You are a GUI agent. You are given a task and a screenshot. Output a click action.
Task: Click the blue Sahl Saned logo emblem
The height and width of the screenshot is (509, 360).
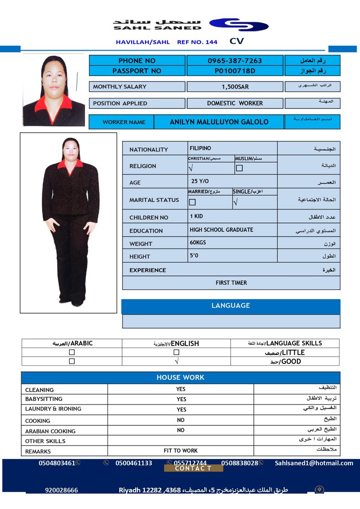239,25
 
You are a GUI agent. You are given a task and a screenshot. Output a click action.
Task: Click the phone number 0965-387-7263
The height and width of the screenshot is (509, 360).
234,61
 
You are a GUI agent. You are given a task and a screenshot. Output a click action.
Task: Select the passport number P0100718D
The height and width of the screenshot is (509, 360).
234,71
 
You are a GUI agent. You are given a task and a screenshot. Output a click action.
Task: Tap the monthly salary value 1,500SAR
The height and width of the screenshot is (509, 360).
235,87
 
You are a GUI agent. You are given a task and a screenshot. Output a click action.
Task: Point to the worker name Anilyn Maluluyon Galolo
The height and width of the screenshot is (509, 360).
219,122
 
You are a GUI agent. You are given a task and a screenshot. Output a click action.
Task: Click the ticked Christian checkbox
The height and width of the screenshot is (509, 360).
191,168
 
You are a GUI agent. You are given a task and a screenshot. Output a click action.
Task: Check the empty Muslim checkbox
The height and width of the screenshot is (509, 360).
239,168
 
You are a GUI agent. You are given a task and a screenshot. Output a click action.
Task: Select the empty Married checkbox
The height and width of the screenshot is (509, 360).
192,202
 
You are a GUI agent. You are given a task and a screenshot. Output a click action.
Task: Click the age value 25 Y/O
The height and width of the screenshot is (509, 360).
200,181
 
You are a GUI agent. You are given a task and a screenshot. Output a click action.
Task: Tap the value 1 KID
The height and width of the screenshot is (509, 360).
196,216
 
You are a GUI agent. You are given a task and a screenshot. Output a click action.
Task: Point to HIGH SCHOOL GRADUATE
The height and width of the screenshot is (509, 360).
221,230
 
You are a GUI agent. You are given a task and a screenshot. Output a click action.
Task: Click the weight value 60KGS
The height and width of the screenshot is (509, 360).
198,243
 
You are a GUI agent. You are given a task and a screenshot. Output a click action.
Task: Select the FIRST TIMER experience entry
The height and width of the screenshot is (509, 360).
231,283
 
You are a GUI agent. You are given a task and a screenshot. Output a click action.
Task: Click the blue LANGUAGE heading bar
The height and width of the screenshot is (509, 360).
231,306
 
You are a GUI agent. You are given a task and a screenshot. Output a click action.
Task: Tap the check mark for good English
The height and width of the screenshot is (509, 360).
176,361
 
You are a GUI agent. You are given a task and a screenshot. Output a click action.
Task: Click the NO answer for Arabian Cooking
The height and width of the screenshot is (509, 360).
181,430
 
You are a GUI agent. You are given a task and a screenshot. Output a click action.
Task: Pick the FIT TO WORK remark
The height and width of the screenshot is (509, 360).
181,451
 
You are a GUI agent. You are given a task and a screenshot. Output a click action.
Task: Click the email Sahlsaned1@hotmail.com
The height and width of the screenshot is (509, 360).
314,463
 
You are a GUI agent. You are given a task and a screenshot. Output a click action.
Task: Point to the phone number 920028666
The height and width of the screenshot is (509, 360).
61,490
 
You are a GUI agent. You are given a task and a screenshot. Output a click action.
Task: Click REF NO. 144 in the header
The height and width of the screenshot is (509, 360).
197,42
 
